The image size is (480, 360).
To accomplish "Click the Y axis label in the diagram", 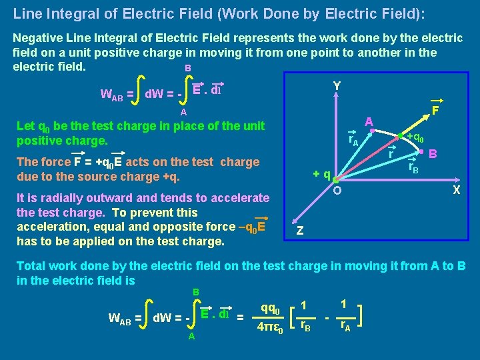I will (x=337, y=86).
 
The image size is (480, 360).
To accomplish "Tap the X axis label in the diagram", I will (x=457, y=190).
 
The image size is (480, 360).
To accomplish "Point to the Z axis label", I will (x=300, y=231).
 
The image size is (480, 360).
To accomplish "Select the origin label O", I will (x=338, y=192).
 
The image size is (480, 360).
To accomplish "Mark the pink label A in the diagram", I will (x=368, y=121).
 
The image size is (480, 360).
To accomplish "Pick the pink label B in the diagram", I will (x=433, y=153).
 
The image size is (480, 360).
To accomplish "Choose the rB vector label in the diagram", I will (x=413, y=169).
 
